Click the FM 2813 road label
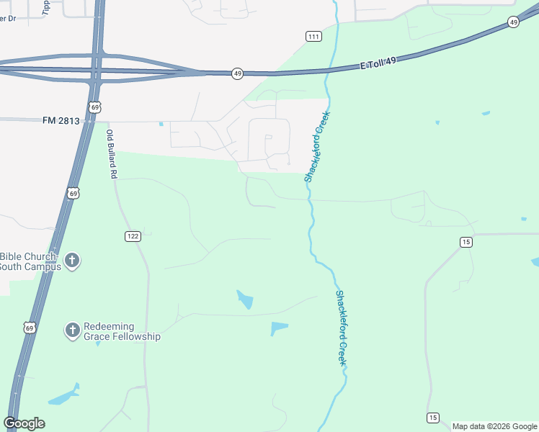click(61, 121)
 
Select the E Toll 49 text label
click(379, 64)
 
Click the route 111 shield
click(313, 36)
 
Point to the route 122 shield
click(132, 236)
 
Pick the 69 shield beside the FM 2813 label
click(95, 107)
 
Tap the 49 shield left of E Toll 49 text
click(237, 73)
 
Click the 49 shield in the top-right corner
click(512, 22)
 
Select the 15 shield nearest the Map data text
click(432, 418)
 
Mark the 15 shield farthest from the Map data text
click(466, 242)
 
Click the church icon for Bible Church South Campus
click(72, 261)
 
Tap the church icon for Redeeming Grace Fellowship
click(72, 330)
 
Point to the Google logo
click(24, 423)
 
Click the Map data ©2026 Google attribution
click(494, 426)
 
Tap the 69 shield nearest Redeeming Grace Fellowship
click(30, 328)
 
